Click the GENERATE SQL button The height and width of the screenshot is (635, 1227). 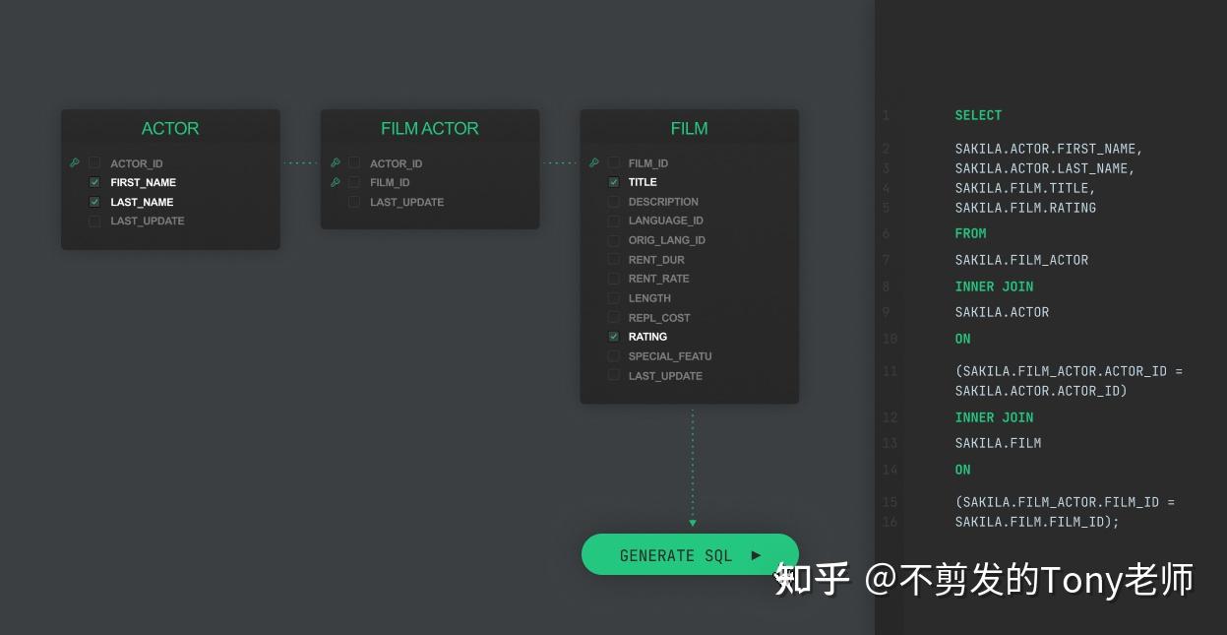tap(690, 555)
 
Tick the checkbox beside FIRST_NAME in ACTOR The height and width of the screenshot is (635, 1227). tap(94, 182)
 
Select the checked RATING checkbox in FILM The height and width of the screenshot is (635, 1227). tap(614, 337)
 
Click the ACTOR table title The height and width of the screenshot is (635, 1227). tap(170, 129)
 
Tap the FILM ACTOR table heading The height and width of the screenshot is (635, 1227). tap(429, 129)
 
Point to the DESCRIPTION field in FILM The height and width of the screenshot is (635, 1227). tap(663, 202)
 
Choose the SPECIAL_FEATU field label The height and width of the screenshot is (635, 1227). tap(669, 356)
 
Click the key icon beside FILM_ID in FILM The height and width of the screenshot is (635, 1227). tap(593, 163)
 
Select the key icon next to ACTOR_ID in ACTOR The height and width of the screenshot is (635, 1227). tap(75, 163)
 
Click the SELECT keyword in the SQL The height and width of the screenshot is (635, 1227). tap(978, 115)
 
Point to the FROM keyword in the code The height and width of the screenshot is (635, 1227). tap(970, 233)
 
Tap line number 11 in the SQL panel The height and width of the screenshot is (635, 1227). tap(890, 371)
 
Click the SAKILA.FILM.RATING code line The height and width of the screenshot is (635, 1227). tap(1025, 208)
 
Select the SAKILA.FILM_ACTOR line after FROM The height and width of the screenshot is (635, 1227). tap(1021, 260)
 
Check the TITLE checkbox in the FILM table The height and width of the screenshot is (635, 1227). tap(614, 182)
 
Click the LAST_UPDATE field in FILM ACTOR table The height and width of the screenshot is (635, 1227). tap(406, 202)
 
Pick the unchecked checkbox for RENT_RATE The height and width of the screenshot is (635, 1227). tap(614, 279)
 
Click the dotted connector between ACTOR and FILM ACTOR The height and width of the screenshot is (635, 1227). tap(300, 162)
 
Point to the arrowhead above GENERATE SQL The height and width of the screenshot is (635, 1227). tap(693, 523)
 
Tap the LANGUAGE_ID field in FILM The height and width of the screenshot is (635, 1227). tap(665, 221)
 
